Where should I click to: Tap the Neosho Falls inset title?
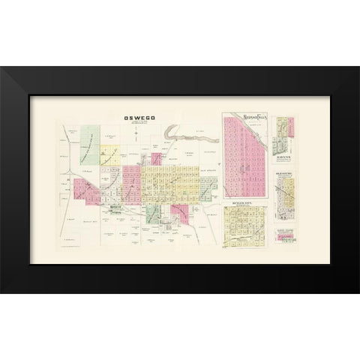pos(246,117)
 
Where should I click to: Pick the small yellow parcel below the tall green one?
pos(110,155)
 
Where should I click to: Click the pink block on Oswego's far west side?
pos(85,190)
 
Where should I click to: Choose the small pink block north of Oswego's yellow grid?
pos(157,157)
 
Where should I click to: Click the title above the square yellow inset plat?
pos(246,204)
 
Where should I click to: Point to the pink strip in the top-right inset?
pos(279,131)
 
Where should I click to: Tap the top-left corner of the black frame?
pos(2,68)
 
